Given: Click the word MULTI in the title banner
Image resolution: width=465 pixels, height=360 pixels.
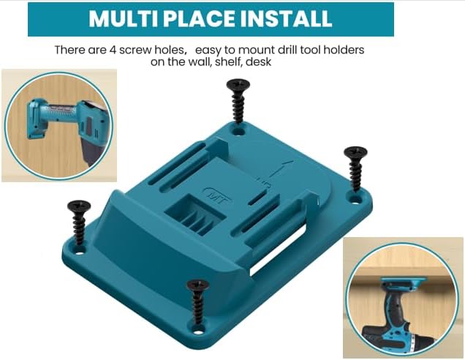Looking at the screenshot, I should (x=121, y=19).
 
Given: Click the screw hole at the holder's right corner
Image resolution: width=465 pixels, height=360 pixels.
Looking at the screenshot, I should (x=356, y=197).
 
